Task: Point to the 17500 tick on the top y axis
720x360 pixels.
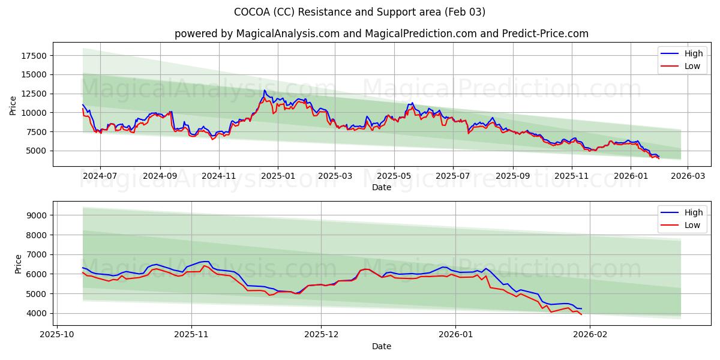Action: [34, 56]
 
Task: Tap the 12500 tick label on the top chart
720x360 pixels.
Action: [34, 94]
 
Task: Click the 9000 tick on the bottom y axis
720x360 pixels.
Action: [37, 215]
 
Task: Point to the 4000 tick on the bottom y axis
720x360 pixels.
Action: [37, 313]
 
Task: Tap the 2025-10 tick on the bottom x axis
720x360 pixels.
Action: [58, 335]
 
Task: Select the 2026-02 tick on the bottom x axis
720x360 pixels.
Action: [590, 335]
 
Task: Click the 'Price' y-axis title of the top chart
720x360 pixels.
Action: [13, 104]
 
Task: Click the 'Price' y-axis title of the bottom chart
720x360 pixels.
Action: [18, 263]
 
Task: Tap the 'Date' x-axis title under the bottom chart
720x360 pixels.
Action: [381, 346]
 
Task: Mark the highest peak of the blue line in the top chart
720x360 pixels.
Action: [264, 91]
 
